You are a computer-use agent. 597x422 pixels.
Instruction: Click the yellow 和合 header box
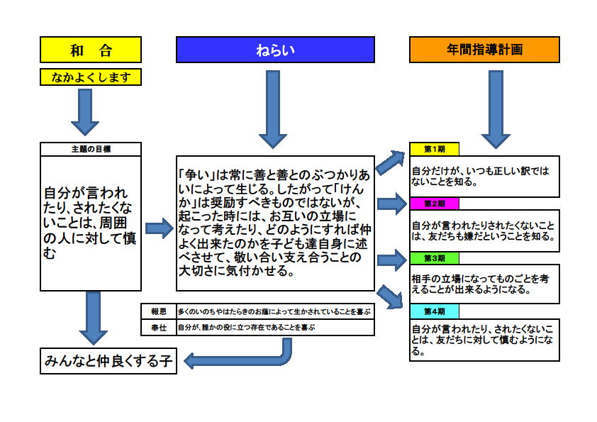point(91,50)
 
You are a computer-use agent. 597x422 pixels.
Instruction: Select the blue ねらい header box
point(275,50)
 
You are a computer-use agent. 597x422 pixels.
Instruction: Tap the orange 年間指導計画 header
point(484,50)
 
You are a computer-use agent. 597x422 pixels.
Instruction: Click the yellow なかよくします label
point(91,77)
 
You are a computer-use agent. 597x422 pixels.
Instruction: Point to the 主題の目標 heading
point(91,150)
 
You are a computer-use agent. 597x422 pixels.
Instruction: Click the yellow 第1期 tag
point(435,149)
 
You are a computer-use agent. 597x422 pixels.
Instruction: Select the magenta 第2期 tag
point(435,204)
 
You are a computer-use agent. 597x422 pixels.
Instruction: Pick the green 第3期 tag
point(435,258)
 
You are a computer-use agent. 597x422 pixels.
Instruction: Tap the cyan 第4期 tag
point(435,311)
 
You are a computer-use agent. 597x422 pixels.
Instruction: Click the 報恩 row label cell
point(159,311)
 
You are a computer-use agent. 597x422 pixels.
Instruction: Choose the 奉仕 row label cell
point(159,328)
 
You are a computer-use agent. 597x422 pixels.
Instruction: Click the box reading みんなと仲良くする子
point(108,361)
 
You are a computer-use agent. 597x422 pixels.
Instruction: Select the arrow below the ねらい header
point(272,109)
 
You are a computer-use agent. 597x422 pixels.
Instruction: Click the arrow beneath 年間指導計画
point(496,109)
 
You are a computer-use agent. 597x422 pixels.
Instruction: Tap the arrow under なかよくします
point(85,112)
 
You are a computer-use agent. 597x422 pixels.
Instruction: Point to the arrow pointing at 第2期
point(392,204)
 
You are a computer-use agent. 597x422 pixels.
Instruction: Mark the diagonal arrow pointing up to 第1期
point(391,162)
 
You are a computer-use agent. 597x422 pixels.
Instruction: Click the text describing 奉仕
point(246,327)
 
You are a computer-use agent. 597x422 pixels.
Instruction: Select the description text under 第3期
point(480,284)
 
